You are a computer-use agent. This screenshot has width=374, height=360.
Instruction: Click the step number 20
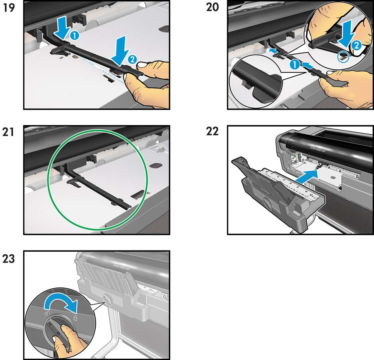coord(213,7)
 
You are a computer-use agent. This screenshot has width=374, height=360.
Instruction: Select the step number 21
coord(8,132)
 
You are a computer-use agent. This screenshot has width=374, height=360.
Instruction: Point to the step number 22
coord(212,131)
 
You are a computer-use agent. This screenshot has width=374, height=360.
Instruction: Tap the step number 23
coord(9,259)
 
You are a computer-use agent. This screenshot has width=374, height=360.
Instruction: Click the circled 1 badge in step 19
coord(75,36)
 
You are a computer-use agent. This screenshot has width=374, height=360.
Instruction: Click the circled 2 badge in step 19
coord(132,60)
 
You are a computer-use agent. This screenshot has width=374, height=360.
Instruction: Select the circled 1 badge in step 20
coord(295,65)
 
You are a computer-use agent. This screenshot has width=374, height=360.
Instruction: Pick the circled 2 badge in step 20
coord(356,45)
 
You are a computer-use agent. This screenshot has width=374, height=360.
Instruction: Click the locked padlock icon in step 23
coord(76,318)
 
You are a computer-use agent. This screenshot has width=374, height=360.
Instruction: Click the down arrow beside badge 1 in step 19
coord(62,29)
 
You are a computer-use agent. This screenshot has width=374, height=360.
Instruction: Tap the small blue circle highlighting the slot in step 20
coord(343,57)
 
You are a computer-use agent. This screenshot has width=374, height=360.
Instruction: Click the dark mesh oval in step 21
coord(156,165)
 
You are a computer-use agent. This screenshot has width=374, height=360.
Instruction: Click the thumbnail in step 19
coord(142,65)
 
